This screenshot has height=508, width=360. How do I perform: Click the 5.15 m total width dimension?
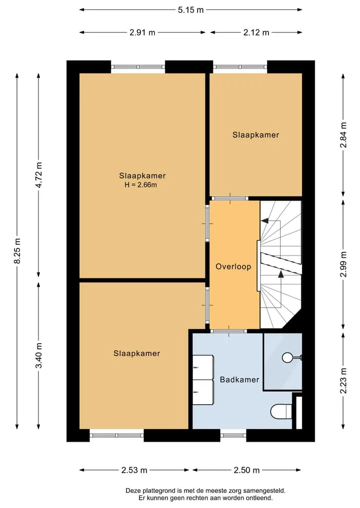[x=190, y=9]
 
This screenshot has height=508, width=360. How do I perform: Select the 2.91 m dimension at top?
[x=142, y=32]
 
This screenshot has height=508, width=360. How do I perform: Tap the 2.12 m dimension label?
[x=256, y=32]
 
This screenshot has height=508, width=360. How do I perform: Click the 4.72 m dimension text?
[x=39, y=175]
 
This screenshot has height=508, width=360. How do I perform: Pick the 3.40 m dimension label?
[x=39, y=356]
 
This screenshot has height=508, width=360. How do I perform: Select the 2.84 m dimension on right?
[x=343, y=135]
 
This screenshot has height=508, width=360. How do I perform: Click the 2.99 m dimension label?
[x=343, y=264]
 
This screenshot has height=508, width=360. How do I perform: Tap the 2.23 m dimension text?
[x=343, y=381]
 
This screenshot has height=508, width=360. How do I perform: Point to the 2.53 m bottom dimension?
[x=134, y=470]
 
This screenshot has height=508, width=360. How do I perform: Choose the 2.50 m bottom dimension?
[x=246, y=470]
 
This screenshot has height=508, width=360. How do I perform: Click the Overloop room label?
[x=233, y=267]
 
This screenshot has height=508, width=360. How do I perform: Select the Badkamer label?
[x=239, y=380]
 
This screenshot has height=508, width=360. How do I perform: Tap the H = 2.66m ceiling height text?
[x=141, y=185]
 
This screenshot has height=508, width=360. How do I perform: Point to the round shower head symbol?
[x=287, y=358]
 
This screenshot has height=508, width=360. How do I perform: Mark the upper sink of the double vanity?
[x=203, y=368]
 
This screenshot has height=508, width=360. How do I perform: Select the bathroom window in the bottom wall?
[x=233, y=436]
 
